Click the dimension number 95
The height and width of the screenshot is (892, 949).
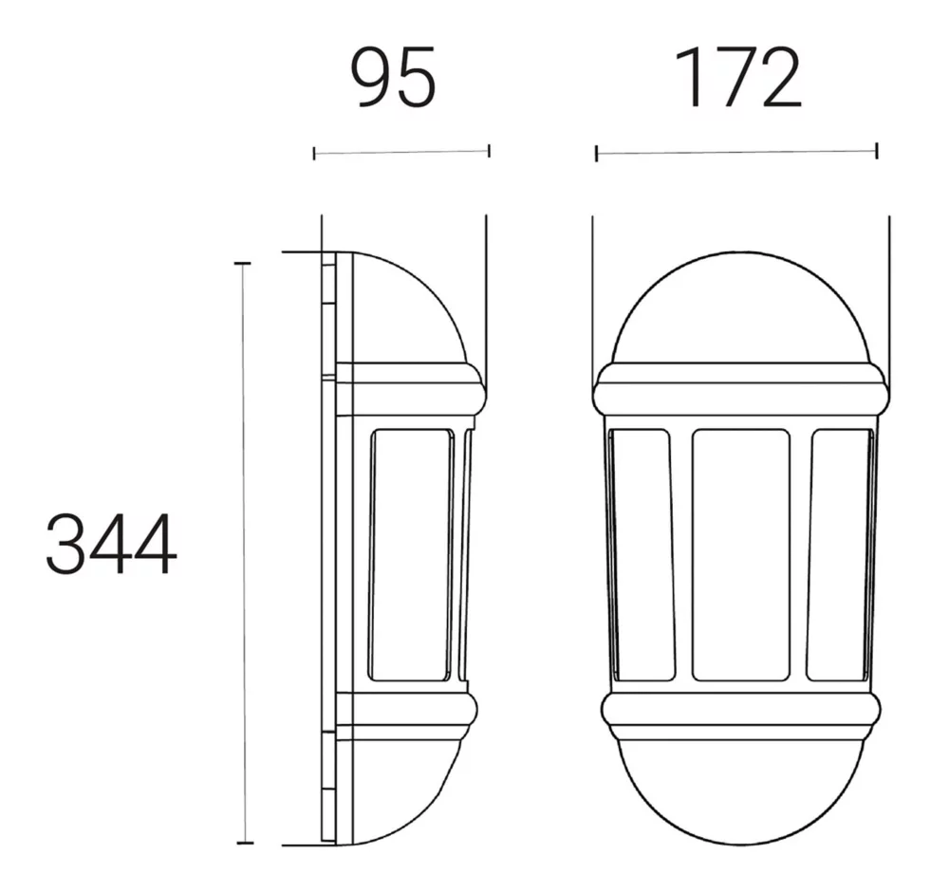tap(394, 78)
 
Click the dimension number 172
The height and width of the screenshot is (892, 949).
tap(739, 78)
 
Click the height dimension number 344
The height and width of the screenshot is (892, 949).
tap(111, 544)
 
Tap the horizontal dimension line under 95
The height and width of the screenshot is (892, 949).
tap(401, 152)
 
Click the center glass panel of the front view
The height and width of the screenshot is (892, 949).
tap(741, 555)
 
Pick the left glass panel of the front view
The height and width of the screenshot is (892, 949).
tap(642, 555)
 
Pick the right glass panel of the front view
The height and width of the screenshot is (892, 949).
tap(840, 555)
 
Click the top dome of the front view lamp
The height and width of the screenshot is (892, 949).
tap(743, 253)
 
